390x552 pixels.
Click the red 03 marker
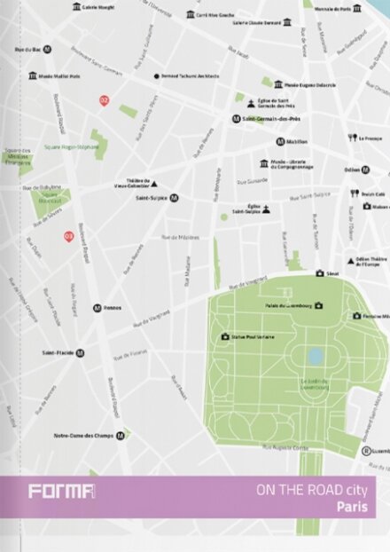click(68, 235)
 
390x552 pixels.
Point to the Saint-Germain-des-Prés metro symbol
click(236, 118)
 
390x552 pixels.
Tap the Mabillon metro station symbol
click(280, 141)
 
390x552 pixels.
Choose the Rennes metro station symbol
click(96, 308)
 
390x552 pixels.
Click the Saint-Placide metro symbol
click(81, 352)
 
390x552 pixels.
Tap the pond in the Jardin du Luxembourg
click(316, 357)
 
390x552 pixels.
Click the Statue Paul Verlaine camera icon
click(225, 337)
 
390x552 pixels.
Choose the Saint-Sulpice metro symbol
click(174, 199)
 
